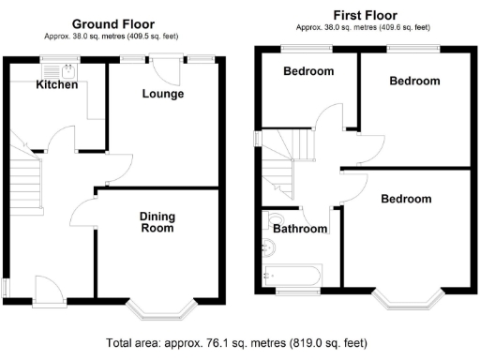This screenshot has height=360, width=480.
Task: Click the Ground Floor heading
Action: click(x=114, y=24)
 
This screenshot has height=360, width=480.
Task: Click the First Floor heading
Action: click(x=365, y=15)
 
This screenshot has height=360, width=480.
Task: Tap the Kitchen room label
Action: click(x=57, y=85)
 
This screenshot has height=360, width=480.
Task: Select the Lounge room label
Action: click(x=162, y=94)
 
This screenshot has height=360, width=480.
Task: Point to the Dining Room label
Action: click(x=157, y=222)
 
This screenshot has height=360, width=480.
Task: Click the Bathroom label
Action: click(x=301, y=229)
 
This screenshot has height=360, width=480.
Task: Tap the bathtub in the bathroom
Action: click(x=292, y=276)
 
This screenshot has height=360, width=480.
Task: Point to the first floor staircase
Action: click(x=282, y=155)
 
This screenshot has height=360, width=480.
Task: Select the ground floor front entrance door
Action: click(x=44, y=286)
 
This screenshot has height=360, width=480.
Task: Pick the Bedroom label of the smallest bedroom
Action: click(x=308, y=72)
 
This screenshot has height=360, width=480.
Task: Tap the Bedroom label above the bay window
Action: click(x=406, y=199)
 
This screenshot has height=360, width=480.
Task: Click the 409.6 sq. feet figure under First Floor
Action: click(x=413, y=27)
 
